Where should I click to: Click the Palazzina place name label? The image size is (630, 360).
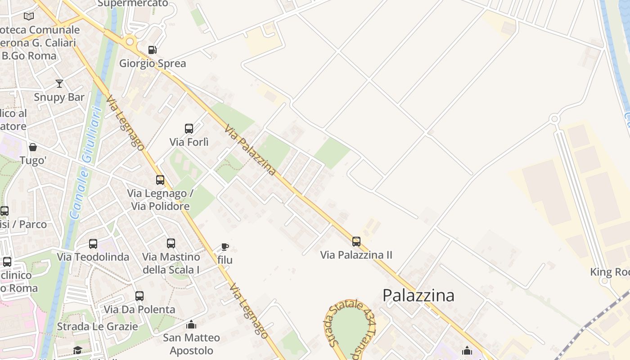(418, 295)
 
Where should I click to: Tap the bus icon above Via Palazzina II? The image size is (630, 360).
(356, 242)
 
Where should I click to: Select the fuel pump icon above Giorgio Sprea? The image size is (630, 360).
(153, 49)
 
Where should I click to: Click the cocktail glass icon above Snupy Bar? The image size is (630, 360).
(59, 84)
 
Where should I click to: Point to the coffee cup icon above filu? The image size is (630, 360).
(225, 247)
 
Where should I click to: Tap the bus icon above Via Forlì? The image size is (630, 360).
(189, 129)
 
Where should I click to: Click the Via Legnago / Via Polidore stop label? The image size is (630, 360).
(160, 200)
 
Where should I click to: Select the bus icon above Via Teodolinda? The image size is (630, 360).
(93, 244)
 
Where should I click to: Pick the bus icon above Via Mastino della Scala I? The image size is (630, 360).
(171, 243)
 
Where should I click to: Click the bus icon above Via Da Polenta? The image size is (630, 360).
(139, 296)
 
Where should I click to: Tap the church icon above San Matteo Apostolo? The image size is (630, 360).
(191, 324)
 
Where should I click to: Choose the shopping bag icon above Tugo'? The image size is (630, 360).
(33, 147)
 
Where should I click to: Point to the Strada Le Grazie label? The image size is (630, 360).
(97, 326)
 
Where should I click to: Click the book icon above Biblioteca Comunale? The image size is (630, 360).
(29, 17)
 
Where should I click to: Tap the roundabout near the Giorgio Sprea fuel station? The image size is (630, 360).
(130, 42)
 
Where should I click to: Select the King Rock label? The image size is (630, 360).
(610, 272)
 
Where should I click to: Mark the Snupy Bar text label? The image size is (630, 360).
(59, 97)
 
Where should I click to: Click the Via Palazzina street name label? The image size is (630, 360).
(250, 149)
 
